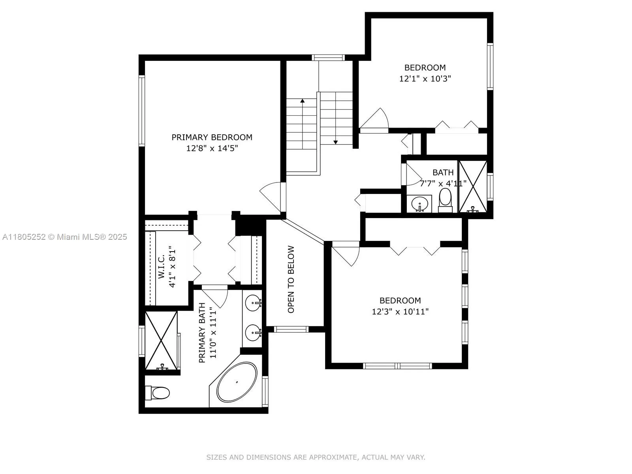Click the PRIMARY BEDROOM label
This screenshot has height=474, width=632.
(x=212, y=137)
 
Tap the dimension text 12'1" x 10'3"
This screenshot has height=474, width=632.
(x=425, y=79)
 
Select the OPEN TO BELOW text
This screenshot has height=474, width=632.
(x=291, y=280)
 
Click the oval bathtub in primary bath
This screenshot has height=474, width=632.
(x=237, y=382)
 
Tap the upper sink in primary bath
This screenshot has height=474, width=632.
(x=253, y=303)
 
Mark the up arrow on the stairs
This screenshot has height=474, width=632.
(x=302, y=101)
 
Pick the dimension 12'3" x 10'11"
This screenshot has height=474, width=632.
(x=400, y=312)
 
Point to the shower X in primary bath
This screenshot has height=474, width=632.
(x=161, y=340)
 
